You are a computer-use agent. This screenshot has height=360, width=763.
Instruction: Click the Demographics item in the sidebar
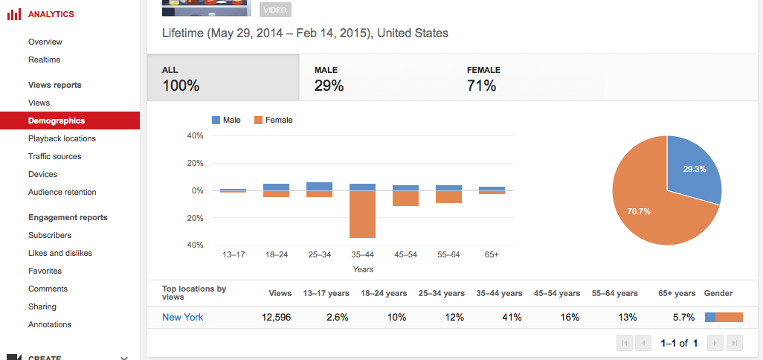[57, 120]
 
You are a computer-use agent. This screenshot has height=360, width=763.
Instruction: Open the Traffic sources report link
[55, 156]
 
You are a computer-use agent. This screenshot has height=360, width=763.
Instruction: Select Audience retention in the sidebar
[62, 192]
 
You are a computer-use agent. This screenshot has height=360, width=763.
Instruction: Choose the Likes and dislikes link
[60, 253]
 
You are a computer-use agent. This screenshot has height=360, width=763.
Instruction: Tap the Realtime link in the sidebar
[45, 60]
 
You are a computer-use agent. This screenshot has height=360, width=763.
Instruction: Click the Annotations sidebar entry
[50, 324]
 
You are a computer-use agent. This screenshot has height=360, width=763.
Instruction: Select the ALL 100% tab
[223, 78]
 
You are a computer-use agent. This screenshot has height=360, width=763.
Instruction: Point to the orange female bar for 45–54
[405, 199]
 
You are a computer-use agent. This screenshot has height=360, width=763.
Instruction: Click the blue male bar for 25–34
[319, 186]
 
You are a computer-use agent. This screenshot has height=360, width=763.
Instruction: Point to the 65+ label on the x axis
[491, 254]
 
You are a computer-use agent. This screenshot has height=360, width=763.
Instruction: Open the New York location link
[183, 317]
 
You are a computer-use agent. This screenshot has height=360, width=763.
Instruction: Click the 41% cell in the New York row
[512, 317]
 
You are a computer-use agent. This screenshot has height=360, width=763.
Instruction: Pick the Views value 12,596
[276, 317]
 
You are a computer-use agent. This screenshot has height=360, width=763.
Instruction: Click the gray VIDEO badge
[276, 10]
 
